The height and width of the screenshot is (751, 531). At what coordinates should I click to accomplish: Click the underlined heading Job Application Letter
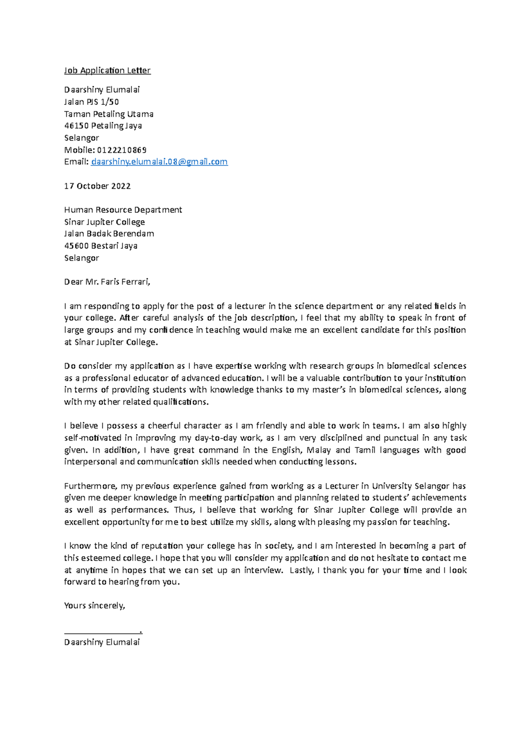107,70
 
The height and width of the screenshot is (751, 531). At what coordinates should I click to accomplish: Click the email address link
159,162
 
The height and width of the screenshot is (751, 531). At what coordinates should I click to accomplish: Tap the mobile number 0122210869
122,150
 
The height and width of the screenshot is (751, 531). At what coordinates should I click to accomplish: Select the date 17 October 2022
97,186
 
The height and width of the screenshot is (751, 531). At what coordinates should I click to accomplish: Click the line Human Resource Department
123,210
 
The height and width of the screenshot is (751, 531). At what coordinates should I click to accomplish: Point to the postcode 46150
76,126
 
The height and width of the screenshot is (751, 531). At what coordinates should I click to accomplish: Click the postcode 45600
76,245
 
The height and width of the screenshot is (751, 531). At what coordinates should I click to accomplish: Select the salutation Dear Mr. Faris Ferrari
107,282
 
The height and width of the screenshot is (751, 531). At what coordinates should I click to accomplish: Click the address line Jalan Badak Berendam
109,234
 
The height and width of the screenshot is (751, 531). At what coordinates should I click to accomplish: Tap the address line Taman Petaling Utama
109,114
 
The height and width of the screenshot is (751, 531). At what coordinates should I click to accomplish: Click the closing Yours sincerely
95,605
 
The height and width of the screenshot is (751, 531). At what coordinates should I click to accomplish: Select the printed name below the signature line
102,642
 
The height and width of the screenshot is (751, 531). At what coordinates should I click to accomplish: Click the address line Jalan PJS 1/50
91,102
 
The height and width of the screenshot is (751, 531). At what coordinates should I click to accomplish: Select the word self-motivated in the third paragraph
92,438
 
